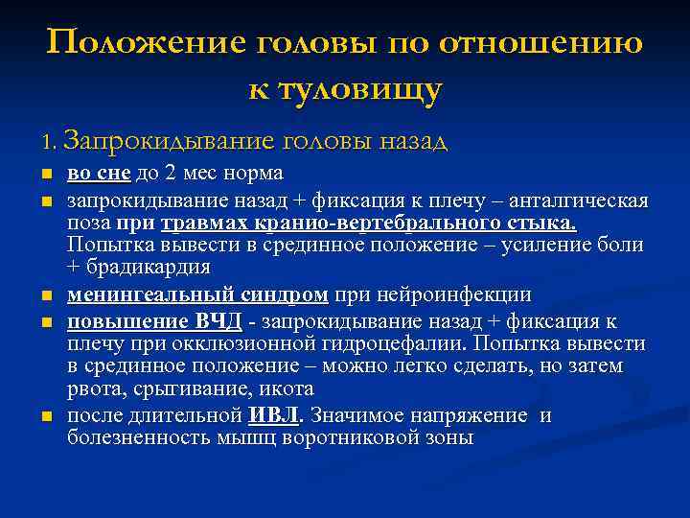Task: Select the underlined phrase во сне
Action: coord(99,174)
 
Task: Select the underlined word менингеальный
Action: coord(135,294)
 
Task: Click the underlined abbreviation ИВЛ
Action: coord(274,415)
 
